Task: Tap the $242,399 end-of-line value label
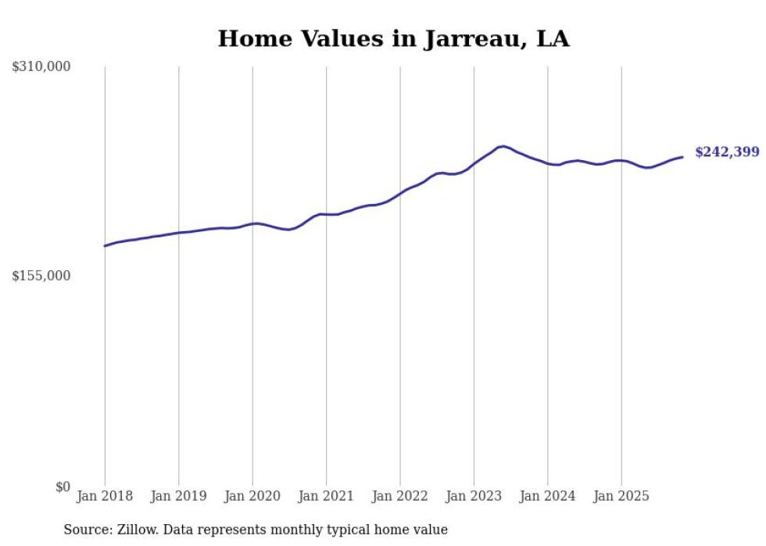click(727, 152)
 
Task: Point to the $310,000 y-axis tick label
click(41, 67)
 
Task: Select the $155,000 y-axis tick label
click(41, 276)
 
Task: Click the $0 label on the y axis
click(63, 487)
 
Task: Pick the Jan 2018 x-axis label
click(105, 496)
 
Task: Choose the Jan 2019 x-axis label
click(178, 496)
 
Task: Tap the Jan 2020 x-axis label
click(252, 496)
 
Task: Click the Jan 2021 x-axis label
click(326, 496)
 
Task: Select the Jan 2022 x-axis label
click(400, 496)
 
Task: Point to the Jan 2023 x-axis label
click(474, 496)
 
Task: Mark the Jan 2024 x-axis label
click(548, 496)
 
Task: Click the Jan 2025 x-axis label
click(621, 496)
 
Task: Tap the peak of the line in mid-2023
click(503, 146)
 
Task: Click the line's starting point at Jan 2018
click(105, 246)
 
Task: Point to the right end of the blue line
click(682, 157)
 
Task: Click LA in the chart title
click(553, 39)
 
